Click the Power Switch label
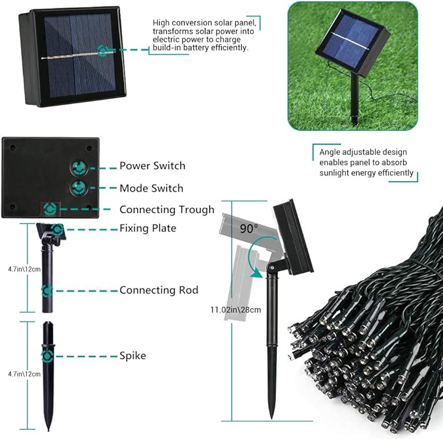[152, 166]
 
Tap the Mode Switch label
[151, 188]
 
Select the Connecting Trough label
[166, 210]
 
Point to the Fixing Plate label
[147, 228]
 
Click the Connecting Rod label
[159, 290]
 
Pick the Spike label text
[132, 356]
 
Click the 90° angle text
[249, 229]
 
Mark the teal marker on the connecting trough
[49, 209]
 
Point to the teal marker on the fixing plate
[58, 229]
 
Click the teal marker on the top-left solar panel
[103, 50]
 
